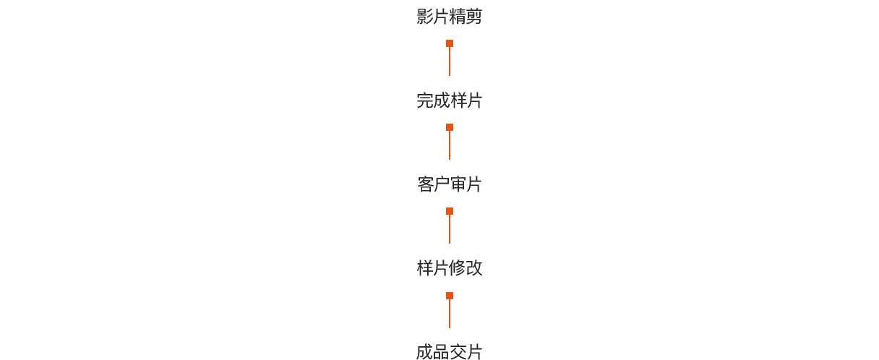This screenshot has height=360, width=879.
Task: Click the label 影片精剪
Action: coord(450,17)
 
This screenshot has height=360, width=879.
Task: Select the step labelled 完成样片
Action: coord(450,100)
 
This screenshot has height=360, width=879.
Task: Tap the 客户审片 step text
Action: coord(450,184)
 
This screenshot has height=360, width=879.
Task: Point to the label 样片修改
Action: coord(450,268)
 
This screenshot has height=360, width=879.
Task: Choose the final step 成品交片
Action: coord(450,352)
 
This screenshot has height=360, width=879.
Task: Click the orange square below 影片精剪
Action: coord(450,43)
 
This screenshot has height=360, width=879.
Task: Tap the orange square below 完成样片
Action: coord(450,127)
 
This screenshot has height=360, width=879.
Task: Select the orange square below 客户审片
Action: coord(450,211)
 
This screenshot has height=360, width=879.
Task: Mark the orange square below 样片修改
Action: coord(450,296)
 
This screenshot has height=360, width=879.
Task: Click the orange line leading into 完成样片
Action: coord(450,61)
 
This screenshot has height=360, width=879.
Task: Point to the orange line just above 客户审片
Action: coord(450,145)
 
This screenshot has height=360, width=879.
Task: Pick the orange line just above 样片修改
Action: coord(450,229)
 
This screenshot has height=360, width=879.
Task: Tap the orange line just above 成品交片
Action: coord(450,314)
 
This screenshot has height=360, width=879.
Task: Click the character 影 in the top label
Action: coord(424,17)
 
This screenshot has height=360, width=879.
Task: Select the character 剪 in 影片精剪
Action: coord(474,17)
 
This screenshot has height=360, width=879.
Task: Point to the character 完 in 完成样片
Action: coord(424,100)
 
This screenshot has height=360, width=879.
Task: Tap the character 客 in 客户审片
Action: coord(425,184)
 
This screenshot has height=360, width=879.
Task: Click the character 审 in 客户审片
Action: coord(458,184)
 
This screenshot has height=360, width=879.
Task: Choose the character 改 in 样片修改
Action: coord(474,268)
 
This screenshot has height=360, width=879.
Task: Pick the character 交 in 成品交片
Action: coord(458,352)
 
